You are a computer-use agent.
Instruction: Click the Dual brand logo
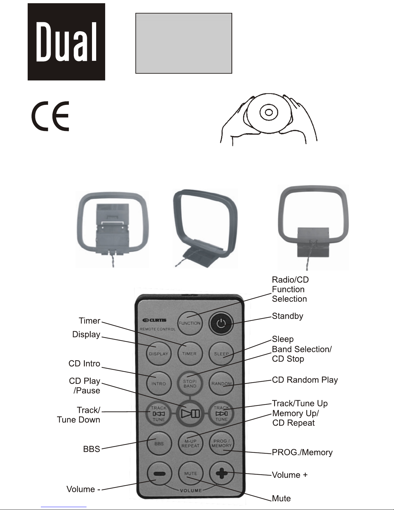coord(66,42)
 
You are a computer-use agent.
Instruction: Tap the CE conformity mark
coord(50,116)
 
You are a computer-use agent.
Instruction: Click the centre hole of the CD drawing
coord(269,113)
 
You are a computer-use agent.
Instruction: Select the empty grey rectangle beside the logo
coord(184,43)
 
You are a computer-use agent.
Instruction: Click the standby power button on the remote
coord(221,323)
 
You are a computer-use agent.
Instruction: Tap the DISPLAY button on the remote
coord(158,353)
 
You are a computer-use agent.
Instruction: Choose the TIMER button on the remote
coord(189,353)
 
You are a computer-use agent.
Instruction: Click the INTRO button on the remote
coord(158,384)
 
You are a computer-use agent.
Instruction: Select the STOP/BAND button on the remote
coord(190,384)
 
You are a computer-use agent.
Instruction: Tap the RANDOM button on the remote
coord(221,384)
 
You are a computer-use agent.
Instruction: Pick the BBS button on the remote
coord(159,443)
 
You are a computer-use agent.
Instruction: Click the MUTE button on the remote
coord(190,473)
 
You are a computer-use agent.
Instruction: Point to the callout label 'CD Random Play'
coord(305,380)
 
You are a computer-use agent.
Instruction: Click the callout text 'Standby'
coord(288,316)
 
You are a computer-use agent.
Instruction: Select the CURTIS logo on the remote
coord(155,320)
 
